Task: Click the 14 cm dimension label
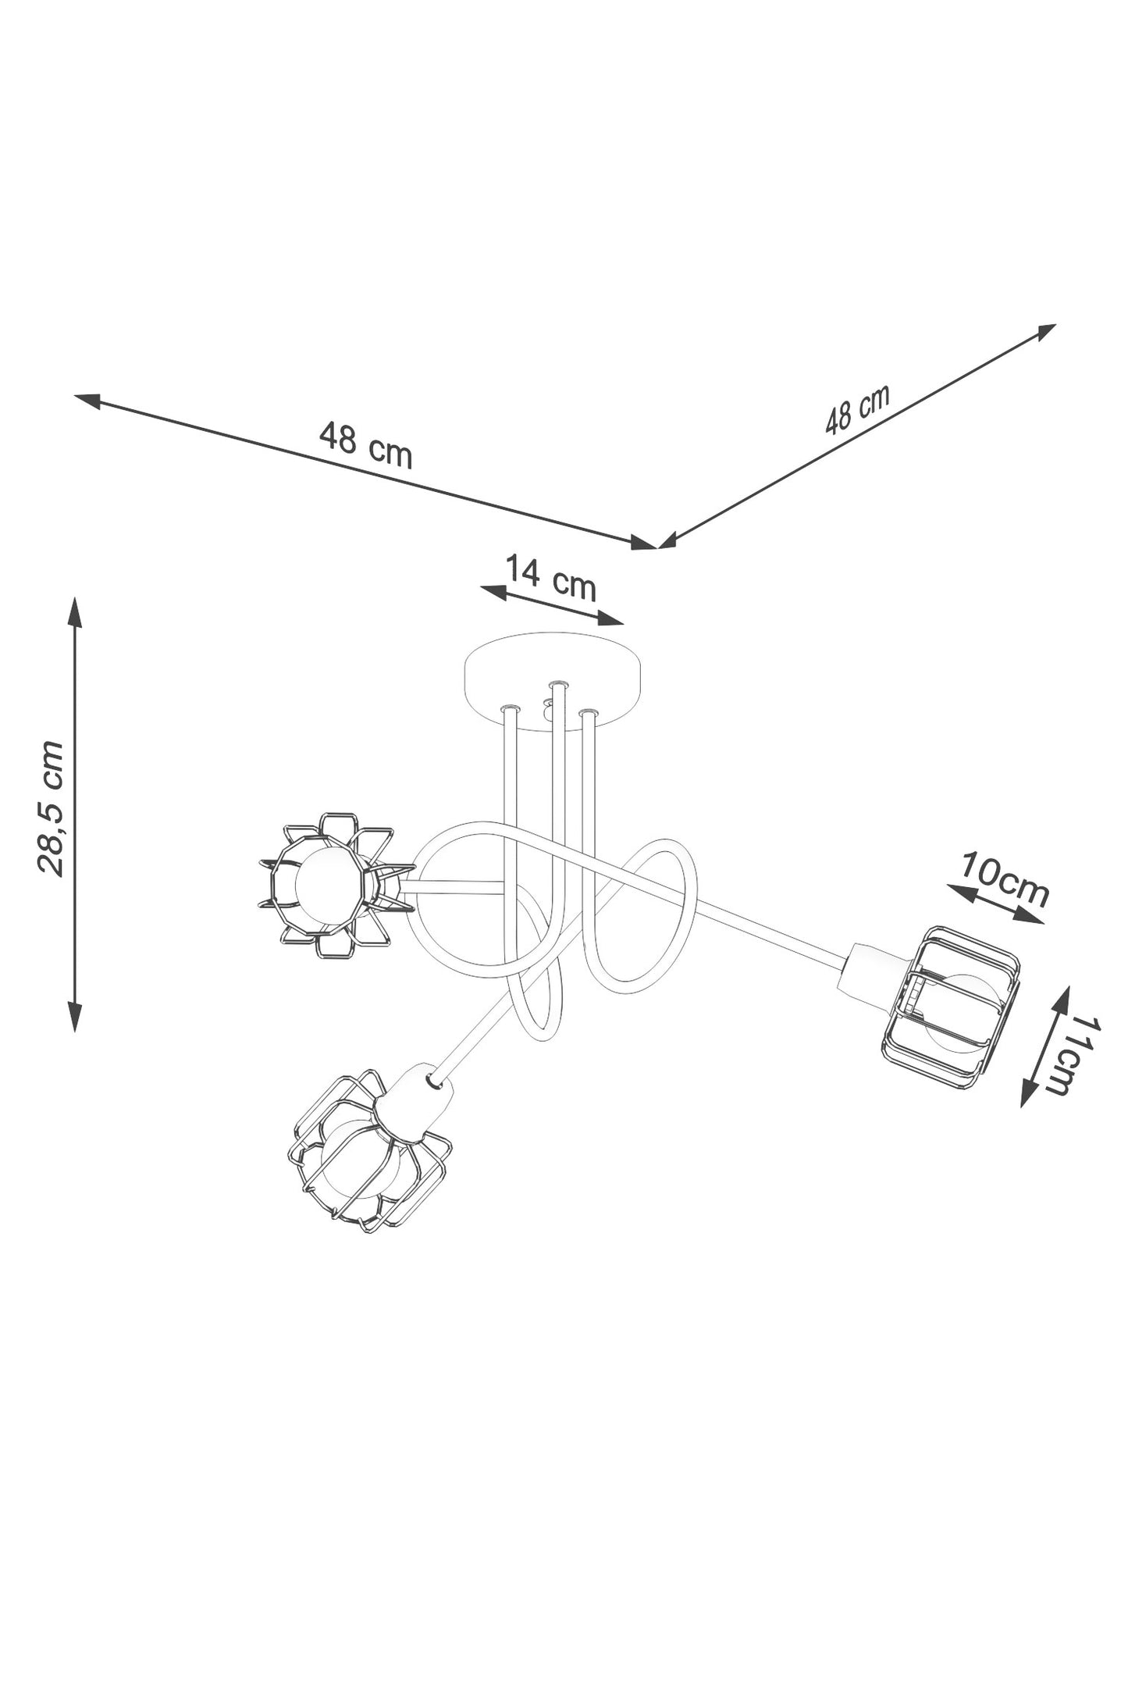[x=551, y=577]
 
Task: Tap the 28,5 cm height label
[x=51, y=807]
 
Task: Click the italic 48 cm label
[x=857, y=408]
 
